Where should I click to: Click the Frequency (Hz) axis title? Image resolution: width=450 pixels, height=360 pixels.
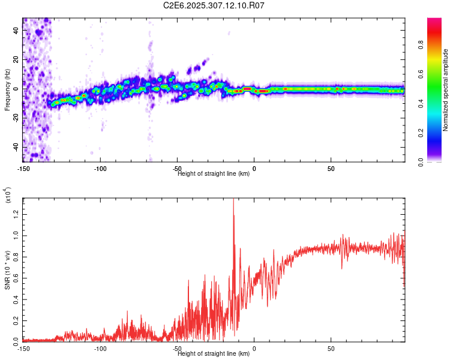pos(7,90)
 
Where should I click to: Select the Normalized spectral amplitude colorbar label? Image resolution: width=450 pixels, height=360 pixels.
pos(446,90)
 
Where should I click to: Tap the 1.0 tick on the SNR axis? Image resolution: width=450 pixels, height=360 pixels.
pos(16,234)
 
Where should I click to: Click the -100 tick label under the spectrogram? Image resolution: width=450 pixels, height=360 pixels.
pos(100,168)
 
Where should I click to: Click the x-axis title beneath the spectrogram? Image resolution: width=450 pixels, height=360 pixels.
pos(214,174)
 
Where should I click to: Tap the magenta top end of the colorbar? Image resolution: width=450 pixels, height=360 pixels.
pos(435,22)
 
